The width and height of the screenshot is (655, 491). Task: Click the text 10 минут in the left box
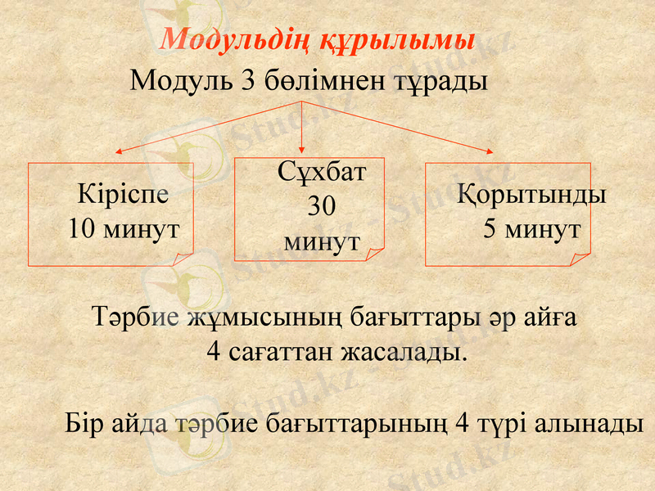(124, 228)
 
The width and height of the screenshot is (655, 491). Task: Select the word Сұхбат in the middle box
(322, 173)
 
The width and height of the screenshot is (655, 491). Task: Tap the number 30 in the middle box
(321, 207)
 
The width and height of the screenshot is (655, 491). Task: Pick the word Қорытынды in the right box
(531, 196)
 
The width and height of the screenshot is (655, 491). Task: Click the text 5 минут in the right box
(531, 228)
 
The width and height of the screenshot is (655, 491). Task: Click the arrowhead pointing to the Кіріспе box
(118, 151)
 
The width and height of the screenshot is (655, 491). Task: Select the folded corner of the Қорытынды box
(582, 258)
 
